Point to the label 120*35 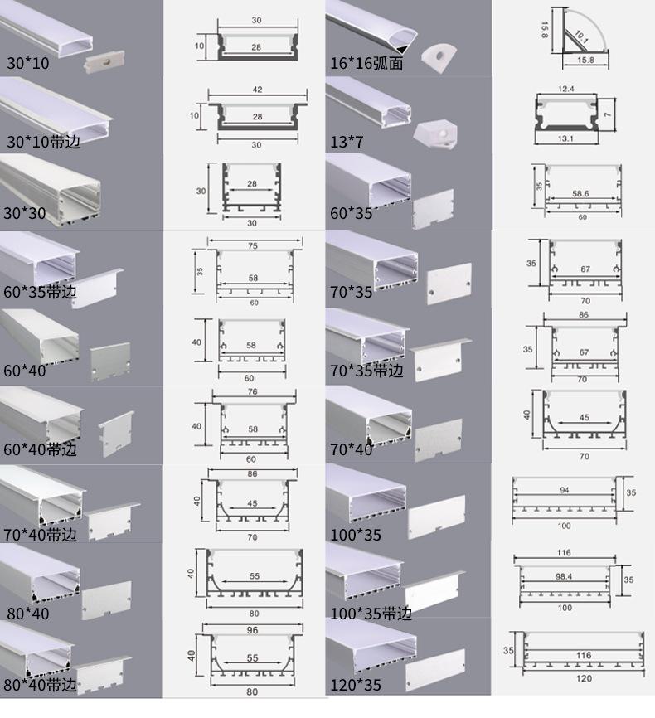(357, 685)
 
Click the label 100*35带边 (370, 614)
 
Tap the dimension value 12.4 (566, 87)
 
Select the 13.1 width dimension (567, 138)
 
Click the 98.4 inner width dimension (565, 575)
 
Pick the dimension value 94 (565, 490)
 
